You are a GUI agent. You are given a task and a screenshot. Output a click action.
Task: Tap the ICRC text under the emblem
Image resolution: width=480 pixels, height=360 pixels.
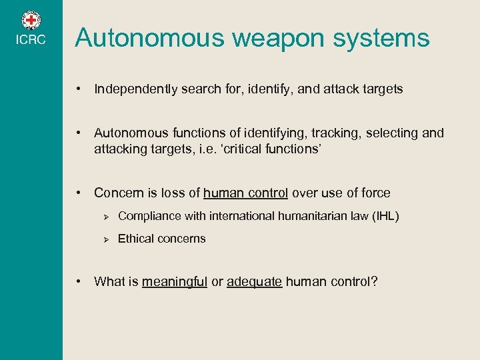point(31,40)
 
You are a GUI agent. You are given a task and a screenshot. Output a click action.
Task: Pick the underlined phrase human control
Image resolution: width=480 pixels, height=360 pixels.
point(245,193)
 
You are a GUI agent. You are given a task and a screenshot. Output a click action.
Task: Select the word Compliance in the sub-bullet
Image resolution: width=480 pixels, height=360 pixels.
point(147,216)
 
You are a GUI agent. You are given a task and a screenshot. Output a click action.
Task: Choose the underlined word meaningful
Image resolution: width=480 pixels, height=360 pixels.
point(175,282)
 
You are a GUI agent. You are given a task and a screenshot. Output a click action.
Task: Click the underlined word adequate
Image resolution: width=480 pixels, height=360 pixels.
point(254,282)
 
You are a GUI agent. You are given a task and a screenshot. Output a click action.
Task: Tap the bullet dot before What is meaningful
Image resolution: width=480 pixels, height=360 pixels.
point(79,281)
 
